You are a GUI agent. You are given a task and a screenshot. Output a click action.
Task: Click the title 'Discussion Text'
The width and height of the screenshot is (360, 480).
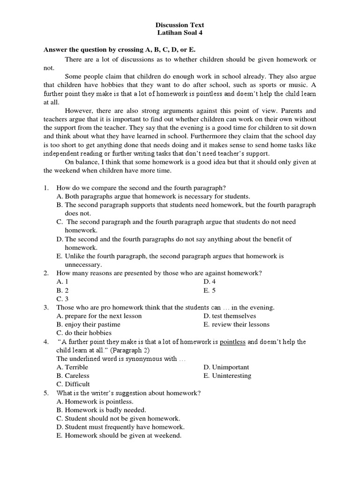click(180, 25)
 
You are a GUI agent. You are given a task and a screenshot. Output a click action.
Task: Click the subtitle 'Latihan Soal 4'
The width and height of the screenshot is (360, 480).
click(180, 33)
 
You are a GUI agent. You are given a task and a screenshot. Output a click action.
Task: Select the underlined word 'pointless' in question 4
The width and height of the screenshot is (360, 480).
click(232, 342)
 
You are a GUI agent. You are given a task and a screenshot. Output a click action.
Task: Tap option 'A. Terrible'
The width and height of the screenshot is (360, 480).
click(72, 367)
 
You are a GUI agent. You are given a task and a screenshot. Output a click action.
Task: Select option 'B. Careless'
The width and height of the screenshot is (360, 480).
click(73, 375)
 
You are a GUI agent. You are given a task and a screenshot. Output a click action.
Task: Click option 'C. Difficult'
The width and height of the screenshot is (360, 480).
click(73, 384)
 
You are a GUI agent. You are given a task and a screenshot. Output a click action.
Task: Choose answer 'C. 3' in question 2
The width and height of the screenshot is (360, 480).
click(62, 299)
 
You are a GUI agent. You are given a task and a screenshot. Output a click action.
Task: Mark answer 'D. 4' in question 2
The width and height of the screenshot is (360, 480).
click(210, 281)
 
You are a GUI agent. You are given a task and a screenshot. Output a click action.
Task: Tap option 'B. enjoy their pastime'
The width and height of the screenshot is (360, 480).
click(88, 324)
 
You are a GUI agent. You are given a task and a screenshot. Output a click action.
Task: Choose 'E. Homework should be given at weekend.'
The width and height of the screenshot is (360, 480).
click(119, 435)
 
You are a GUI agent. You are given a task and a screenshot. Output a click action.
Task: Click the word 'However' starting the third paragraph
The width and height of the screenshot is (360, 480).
click(78, 111)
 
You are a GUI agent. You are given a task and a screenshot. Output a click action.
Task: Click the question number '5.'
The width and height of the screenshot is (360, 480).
click(46, 393)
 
